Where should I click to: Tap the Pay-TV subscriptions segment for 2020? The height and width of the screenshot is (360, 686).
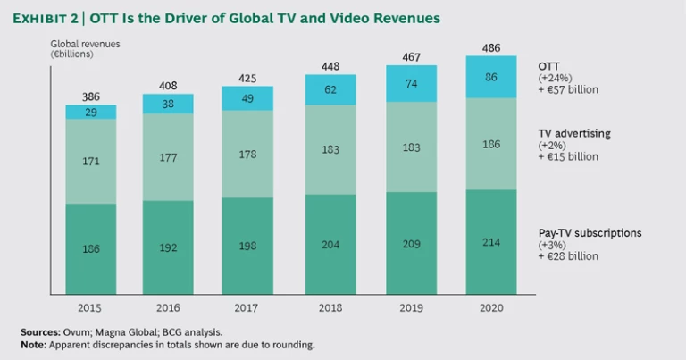[x=491, y=242]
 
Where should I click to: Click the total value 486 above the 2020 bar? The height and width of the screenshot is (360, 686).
[x=491, y=46]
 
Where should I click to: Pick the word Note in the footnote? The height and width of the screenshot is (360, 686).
[x=34, y=345]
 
